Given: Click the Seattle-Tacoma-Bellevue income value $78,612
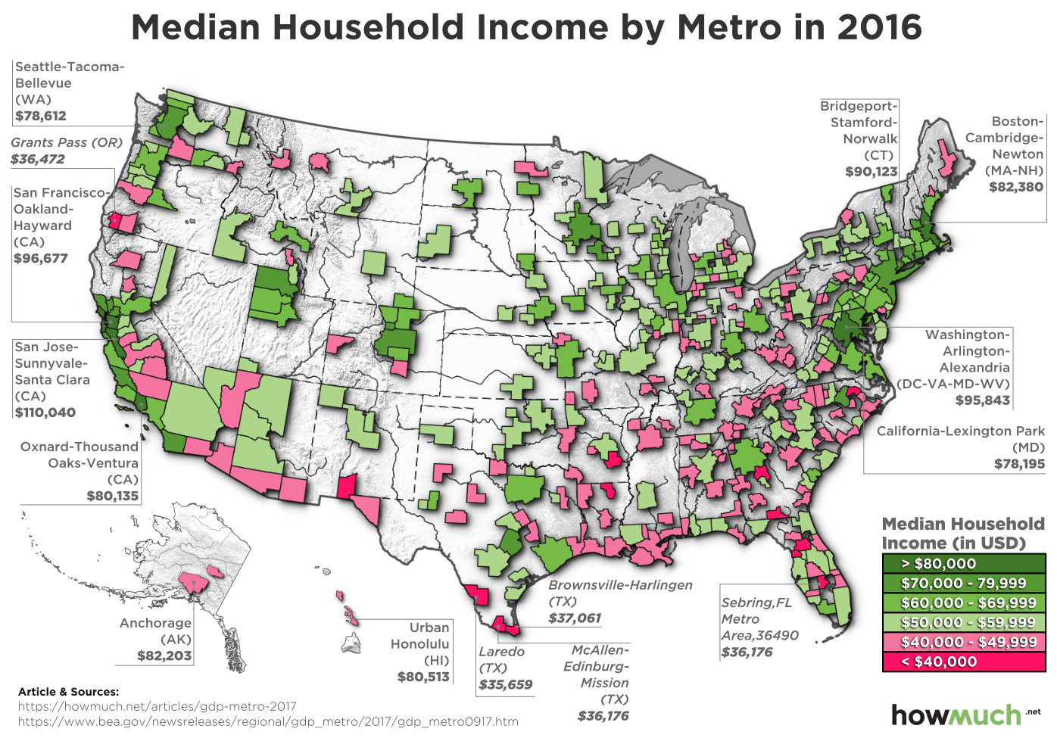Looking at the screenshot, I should [41, 116].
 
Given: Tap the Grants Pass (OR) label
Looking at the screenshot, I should [67, 142].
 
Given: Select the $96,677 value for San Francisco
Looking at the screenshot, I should [41, 258].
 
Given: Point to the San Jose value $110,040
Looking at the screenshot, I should [45, 413].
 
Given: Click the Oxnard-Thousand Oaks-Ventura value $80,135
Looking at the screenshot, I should [112, 496].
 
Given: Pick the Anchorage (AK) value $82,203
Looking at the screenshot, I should [164, 655].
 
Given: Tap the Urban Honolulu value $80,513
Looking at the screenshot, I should [423, 677].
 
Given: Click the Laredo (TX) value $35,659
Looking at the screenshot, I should [505, 684].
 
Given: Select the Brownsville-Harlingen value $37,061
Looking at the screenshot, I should [575, 618].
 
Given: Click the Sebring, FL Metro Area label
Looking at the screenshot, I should [757, 618].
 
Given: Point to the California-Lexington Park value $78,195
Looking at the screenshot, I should [1019, 463].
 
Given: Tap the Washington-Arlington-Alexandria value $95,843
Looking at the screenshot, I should [982, 400].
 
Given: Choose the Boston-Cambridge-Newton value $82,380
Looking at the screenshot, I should [1015, 187].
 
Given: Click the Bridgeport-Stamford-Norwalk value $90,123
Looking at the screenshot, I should [871, 172].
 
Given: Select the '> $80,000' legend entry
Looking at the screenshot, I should [963, 563].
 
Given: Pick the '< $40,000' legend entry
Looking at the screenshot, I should [963, 662].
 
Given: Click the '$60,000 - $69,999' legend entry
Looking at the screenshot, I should [963, 603].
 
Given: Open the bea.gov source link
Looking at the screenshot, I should [268, 721].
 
